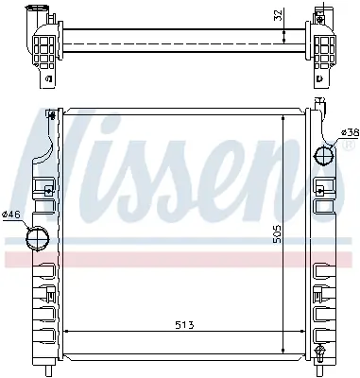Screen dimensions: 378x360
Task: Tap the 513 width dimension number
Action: (x=184, y=326)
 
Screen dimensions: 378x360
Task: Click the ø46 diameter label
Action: (x=12, y=215)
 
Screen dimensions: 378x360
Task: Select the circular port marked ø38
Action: (x=324, y=154)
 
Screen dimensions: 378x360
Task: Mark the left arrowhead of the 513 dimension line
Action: (x=65, y=334)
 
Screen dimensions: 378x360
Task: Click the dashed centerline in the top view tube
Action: (x=180, y=39)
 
